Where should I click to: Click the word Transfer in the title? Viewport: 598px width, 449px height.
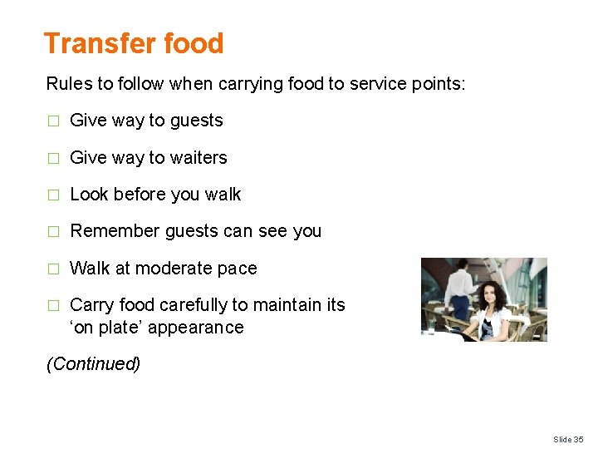(x=90, y=43)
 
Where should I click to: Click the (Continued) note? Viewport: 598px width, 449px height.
(x=93, y=364)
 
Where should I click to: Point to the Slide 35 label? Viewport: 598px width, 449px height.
(x=567, y=439)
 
